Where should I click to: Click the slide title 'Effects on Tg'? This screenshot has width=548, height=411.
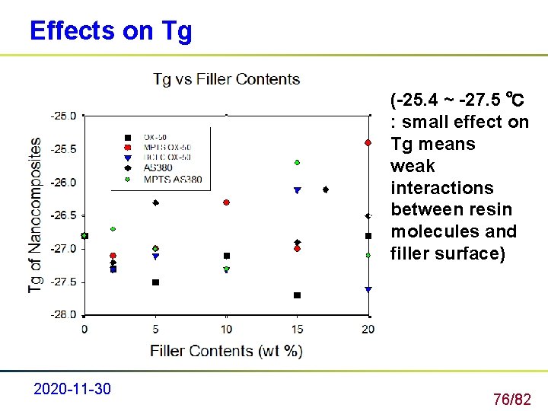[110, 30]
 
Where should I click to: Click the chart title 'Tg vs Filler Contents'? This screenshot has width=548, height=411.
[227, 79]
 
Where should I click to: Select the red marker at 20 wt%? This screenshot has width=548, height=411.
[368, 142]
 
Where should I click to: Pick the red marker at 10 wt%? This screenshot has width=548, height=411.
[226, 202]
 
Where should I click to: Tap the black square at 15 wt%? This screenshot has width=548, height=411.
[298, 295]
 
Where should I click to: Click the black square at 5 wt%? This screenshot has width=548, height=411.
[155, 282]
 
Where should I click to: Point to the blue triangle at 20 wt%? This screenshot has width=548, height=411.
[368, 289]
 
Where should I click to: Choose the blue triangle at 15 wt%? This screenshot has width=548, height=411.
[298, 190]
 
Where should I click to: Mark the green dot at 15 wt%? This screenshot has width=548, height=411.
[298, 162]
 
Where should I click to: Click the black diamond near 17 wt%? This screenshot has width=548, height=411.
[326, 190]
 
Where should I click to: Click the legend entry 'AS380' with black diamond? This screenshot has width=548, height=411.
[157, 167]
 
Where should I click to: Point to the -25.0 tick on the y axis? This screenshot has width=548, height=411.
[64, 116]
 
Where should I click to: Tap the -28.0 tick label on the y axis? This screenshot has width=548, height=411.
[64, 314]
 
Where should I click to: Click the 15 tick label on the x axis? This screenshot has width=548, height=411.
[298, 329]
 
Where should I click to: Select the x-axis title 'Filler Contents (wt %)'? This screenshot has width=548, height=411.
[227, 351]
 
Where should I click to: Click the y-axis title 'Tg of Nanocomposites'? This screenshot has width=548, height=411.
[35, 215]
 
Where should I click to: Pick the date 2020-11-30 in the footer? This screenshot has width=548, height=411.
[72, 389]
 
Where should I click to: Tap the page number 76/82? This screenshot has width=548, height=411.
[512, 399]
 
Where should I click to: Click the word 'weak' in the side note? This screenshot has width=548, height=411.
[413, 166]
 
